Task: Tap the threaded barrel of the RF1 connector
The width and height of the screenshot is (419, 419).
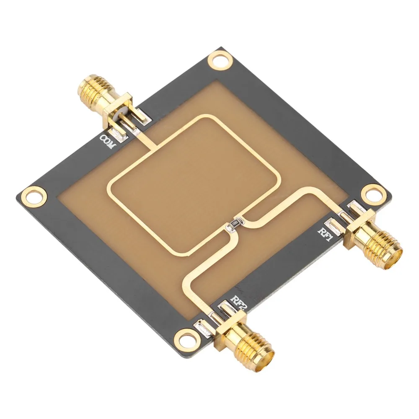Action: [379, 250]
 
